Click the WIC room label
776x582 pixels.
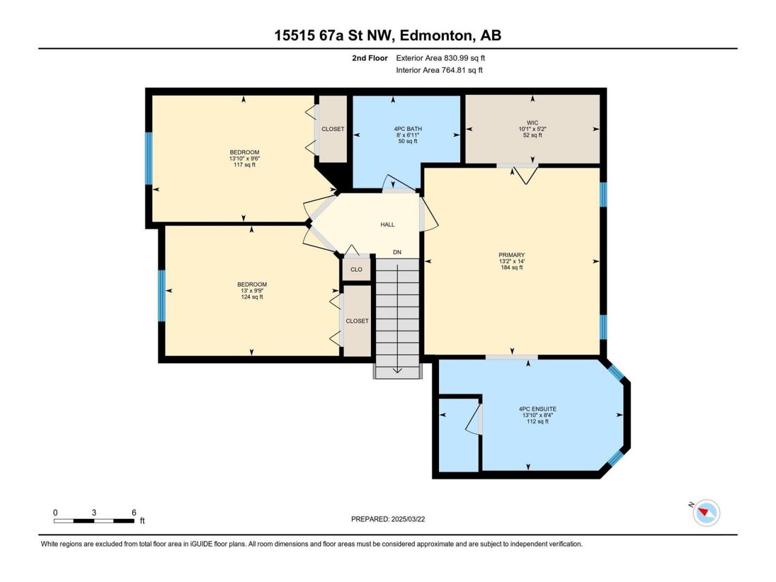click(532, 122)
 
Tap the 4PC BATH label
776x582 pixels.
click(408, 129)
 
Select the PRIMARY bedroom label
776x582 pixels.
click(512, 255)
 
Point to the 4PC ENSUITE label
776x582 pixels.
click(537, 409)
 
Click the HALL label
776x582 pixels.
click(387, 224)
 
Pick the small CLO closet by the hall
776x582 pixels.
click(356, 269)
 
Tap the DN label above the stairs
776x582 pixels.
click(397, 252)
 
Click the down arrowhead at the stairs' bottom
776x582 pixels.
click(397, 370)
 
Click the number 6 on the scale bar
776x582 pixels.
click(133, 512)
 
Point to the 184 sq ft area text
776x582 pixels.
click(512, 267)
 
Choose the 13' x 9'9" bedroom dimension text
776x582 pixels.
click(252, 290)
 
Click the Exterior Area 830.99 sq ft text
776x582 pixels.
click(441, 58)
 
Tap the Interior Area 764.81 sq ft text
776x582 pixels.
click(439, 70)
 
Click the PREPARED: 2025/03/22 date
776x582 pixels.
click(388, 519)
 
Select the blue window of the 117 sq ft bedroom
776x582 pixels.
click(149, 158)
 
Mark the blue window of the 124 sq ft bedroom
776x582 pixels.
click(161, 296)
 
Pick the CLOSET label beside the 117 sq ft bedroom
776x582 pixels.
click(333, 129)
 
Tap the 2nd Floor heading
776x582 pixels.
click(370, 58)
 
